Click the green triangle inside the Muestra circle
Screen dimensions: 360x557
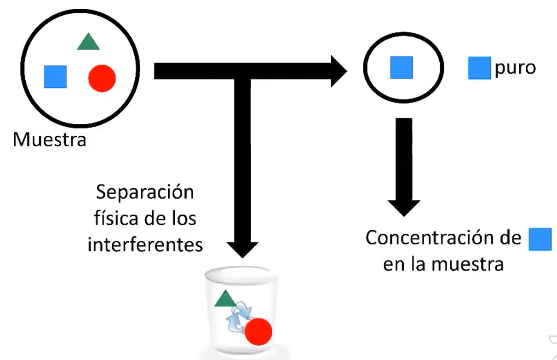tap(88, 42)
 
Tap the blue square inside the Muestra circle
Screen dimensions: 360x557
tap(55, 76)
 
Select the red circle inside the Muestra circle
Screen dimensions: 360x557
tap(102, 78)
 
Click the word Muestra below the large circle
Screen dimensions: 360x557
tap(50, 139)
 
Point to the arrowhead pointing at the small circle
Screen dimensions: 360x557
tap(338, 70)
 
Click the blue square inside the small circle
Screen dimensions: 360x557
tap(401, 67)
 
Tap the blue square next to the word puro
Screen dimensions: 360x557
tap(479, 68)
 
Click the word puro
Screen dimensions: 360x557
tap(515, 68)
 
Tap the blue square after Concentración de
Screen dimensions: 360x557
tap(540, 239)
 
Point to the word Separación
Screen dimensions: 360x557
tap(145, 192)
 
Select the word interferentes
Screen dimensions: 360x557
tap(145, 244)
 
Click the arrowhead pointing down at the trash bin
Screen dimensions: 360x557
tap(242, 249)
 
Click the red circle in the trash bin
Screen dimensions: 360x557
tap(258, 331)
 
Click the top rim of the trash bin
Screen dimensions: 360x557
tap(241, 275)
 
